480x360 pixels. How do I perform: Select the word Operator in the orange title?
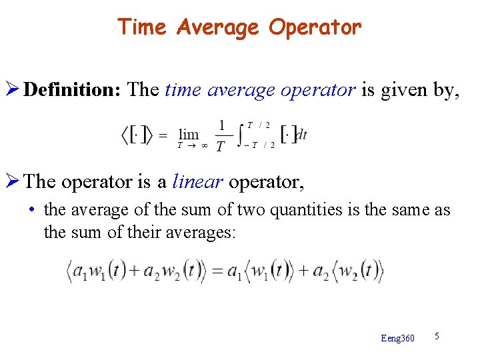[315, 27]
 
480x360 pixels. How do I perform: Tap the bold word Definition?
[71, 89]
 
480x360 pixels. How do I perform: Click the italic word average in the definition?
[242, 90]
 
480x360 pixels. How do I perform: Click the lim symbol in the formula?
[189, 135]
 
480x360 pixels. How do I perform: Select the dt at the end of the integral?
[301, 135]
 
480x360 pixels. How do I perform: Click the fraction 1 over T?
[221, 135]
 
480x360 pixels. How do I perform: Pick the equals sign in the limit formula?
[162, 135]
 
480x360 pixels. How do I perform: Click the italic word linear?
[198, 181]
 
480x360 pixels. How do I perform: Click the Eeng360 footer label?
[397, 339]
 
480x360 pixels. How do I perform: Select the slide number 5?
[437, 336]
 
